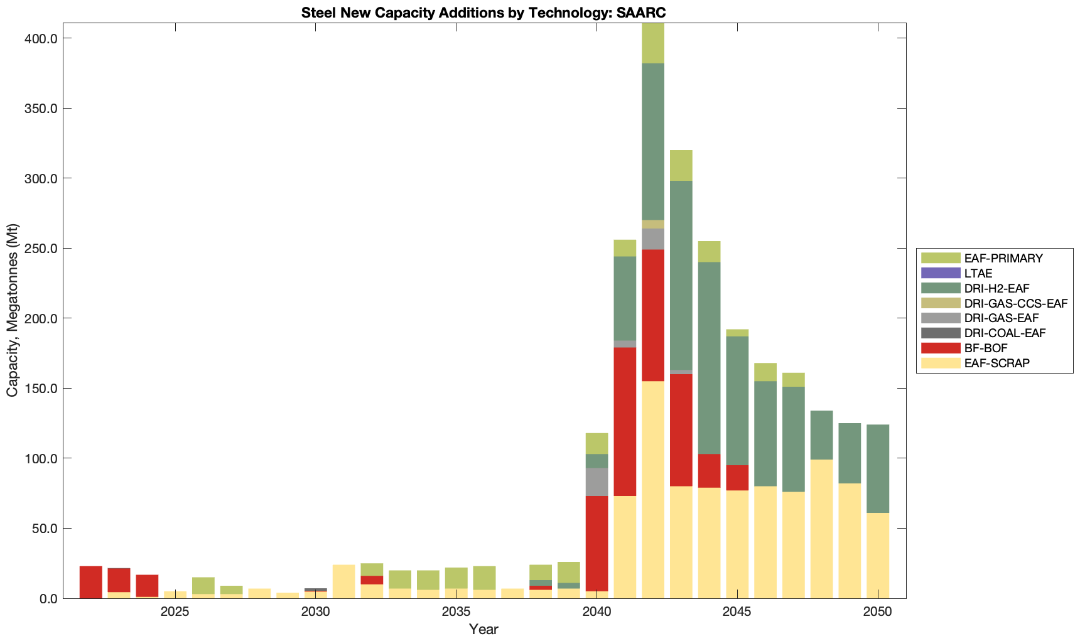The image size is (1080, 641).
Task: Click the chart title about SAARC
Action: [483, 13]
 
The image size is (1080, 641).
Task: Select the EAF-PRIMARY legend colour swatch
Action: [941, 258]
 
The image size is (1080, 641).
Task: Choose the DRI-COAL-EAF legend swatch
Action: [941, 333]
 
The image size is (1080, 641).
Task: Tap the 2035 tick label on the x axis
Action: [456, 612]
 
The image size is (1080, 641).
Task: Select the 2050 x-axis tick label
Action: [878, 612]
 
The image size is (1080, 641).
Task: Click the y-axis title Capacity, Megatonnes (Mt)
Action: [13, 310]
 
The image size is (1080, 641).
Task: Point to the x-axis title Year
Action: [483, 629]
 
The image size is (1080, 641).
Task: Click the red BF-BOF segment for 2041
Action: [625, 421]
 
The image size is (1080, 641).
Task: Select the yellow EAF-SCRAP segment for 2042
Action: [653, 490]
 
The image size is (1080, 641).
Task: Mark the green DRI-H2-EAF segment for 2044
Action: [709, 358]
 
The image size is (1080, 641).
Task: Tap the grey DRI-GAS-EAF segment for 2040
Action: [597, 482]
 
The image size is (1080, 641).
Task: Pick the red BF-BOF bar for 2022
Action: [91, 582]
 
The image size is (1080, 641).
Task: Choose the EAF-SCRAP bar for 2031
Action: [343, 581]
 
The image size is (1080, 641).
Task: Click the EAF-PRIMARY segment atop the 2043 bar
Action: [681, 165]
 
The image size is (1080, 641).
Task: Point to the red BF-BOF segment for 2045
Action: [737, 478]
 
